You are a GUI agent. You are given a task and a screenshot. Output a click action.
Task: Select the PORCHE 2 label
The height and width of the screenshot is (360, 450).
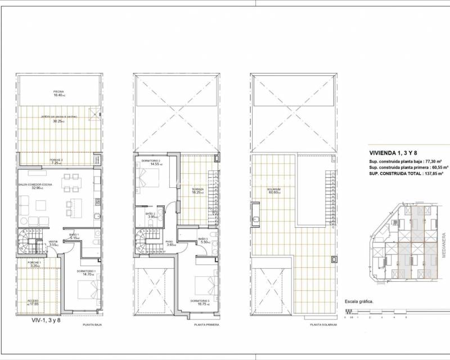tap(56, 160)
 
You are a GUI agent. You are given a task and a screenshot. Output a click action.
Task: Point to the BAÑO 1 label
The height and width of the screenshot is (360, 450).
tap(74, 234)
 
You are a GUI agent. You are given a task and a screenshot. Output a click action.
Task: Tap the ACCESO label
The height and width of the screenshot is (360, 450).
tap(33, 301)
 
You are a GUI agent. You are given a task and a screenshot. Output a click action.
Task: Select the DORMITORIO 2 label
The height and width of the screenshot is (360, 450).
tap(151, 161)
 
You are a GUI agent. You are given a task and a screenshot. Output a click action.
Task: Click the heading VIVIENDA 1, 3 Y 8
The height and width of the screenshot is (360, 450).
tap(393, 152)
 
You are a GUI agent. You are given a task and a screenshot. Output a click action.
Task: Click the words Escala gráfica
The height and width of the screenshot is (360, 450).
tap(359, 301)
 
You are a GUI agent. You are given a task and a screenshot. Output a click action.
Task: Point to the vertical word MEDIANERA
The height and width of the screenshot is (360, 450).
tap(444, 231)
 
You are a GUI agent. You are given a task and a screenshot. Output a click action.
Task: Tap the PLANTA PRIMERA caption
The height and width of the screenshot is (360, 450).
tap(205, 325)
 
